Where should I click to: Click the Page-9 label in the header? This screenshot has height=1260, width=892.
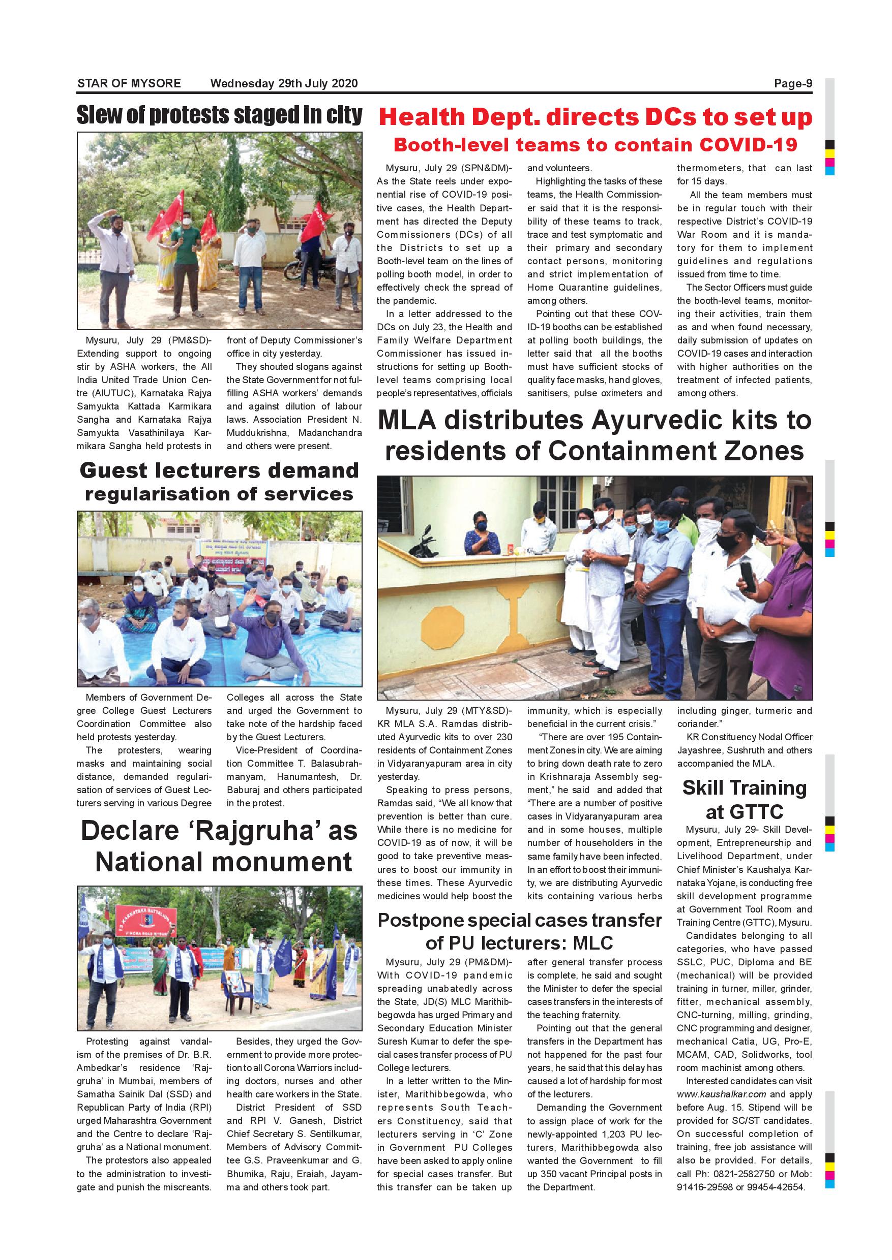[x=793, y=83]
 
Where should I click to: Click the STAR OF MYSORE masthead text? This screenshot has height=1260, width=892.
[x=129, y=83]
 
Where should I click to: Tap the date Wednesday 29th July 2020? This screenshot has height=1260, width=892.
[x=284, y=83]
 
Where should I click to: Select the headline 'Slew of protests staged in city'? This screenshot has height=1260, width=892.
[x=219, y=115]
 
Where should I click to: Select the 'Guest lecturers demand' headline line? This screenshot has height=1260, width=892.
[x=219, y=470]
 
